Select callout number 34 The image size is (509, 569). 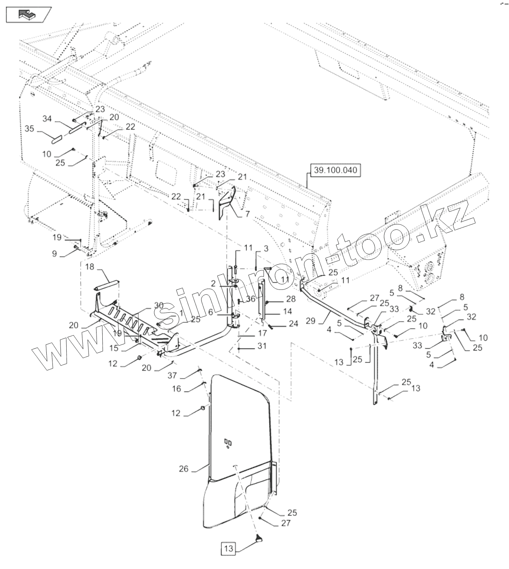(x=47, y=119)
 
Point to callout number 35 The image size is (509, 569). (x=29, y=129)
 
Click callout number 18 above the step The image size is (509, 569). (x=90, y=267)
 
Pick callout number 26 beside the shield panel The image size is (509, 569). (x=184, y=468)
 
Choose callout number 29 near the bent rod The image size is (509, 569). (x=311, y=321)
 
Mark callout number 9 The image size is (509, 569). (x=54, y=253)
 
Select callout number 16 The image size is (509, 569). (x=176, y=389)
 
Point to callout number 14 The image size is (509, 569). (x=287, y=312)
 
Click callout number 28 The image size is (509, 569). (x=291, y=298)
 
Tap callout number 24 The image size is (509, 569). (x=293, y=324)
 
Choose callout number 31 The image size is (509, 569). (x=262, y=346)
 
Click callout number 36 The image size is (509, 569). (x=250, y=299)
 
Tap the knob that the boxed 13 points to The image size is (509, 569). (x=259, y=539)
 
